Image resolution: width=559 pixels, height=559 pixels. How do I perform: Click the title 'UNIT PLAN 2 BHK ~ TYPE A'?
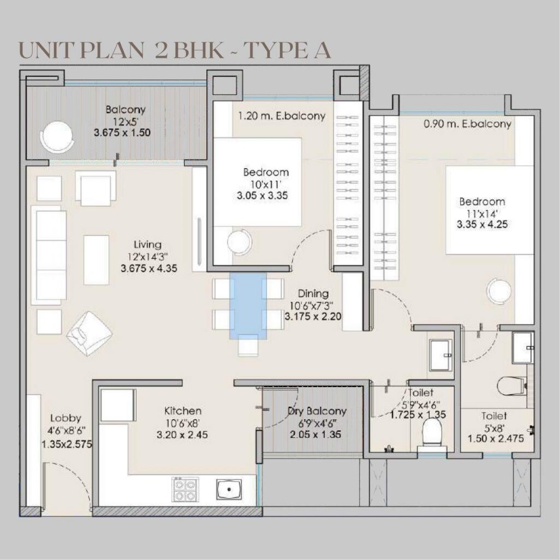tap(175, 51)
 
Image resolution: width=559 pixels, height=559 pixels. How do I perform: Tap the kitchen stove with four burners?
tap(185, 489)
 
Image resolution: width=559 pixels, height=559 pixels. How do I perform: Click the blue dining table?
tap(248, 306)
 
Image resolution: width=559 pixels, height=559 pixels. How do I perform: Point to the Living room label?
tap(147, 245)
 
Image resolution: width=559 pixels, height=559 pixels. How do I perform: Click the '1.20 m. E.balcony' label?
tap(282, 116)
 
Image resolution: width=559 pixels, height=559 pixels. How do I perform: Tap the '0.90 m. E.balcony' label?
tap(467, 124)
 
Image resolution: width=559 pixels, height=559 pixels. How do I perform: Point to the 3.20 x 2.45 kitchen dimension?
tap(182, 435)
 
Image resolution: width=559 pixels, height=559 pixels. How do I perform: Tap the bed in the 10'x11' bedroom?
tap(257, 182)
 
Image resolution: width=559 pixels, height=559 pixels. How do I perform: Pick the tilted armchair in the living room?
tap(90, 333)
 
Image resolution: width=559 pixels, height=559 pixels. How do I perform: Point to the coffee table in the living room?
tap(96, 259)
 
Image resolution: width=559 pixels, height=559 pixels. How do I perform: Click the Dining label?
tap(313, 294)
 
